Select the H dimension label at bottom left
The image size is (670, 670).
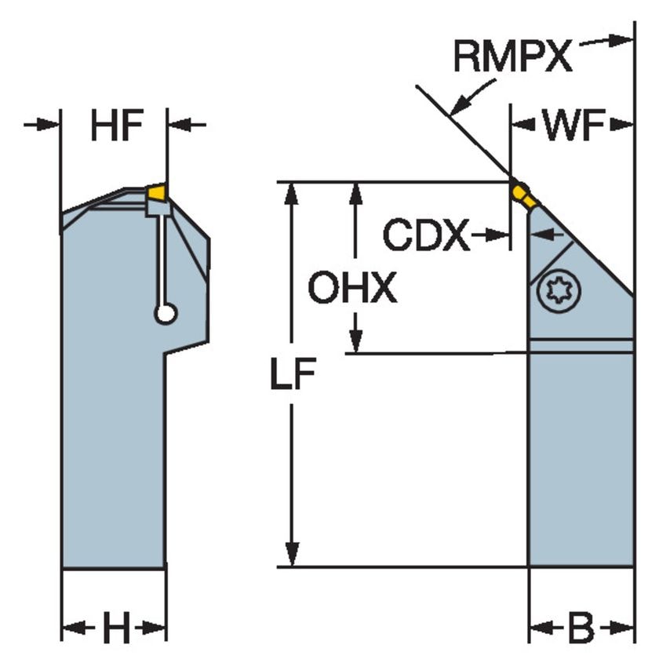pos(115,628)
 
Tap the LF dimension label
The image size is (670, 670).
pos(293,377)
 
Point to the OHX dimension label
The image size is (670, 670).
pos(352,289)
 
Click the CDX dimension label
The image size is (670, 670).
pos(426,235)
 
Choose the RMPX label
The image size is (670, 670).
pos(513,57)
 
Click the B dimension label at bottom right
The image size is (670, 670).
pos(581,628)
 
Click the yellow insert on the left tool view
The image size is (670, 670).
pos(157,191)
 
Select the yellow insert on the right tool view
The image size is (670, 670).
pos(523,195)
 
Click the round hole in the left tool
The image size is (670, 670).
pos(165,314)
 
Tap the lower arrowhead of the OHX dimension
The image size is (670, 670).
pos(356,341)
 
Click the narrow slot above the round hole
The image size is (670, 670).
pos(161,259)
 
